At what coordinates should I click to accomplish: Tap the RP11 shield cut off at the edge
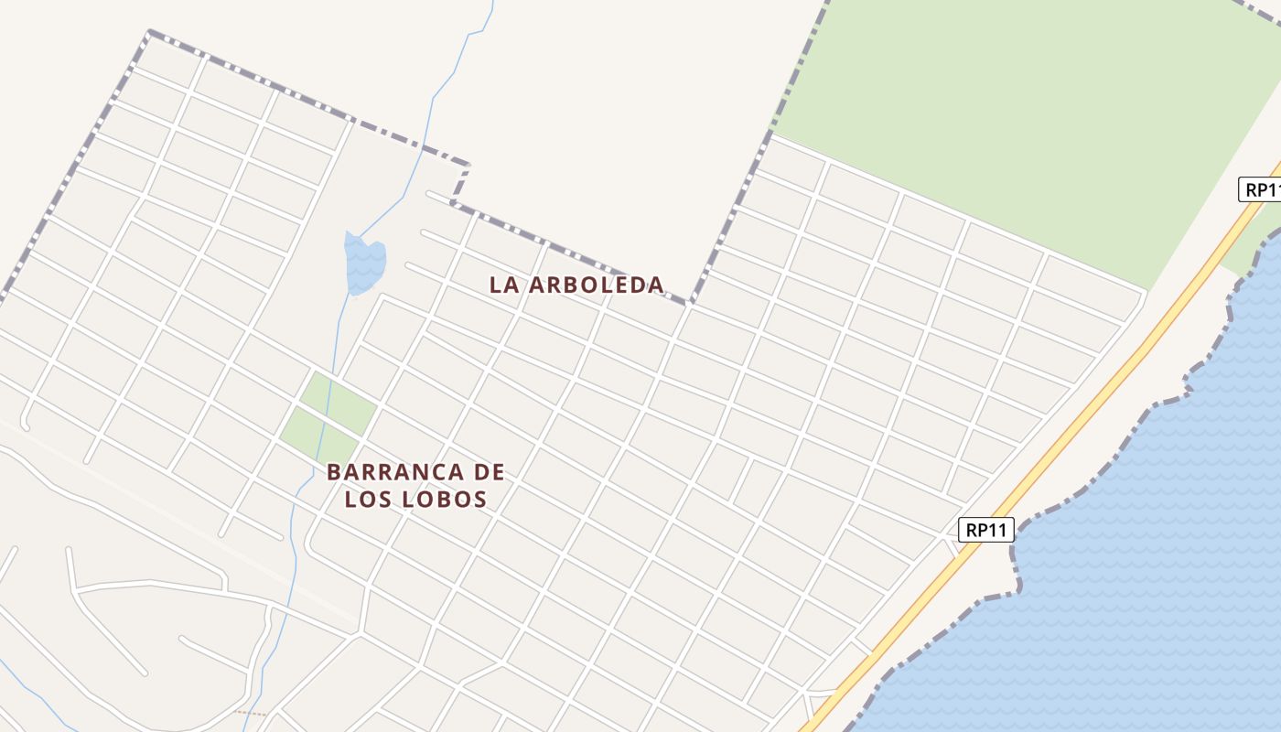pos(1261,189)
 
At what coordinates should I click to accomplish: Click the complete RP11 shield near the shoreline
pos(986,530)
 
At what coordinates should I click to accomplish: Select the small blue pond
pos(364,263)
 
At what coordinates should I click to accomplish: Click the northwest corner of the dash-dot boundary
pos(149,32)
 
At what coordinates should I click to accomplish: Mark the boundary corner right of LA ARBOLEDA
pos(691,301)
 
